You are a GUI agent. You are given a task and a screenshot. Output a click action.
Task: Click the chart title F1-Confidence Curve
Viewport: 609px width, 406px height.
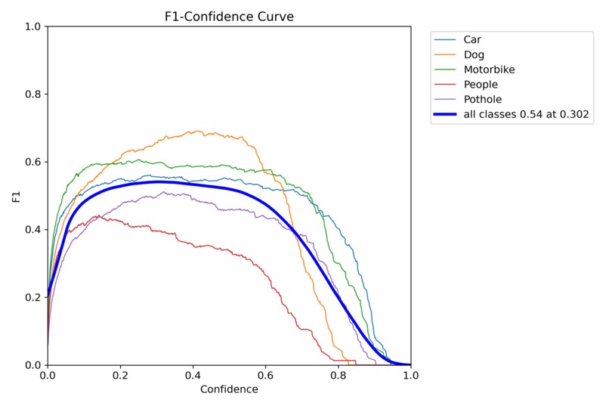(x=229, y=16)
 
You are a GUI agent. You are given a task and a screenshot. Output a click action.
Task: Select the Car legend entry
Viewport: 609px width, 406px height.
(x=471, y=39)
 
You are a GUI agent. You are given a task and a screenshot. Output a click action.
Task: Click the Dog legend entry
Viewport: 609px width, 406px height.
(x=473, y=54)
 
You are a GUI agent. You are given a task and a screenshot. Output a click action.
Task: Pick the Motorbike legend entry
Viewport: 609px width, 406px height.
(x=488, y=70)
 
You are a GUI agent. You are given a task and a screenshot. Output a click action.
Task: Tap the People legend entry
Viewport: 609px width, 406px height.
(x=480, y=85)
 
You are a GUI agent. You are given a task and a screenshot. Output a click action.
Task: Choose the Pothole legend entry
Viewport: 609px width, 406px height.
(x=481, y=100)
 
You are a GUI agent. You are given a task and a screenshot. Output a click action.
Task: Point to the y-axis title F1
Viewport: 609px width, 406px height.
(x=16, y=196)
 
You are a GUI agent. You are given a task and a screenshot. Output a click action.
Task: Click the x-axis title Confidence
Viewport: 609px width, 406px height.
(x=229, y=390)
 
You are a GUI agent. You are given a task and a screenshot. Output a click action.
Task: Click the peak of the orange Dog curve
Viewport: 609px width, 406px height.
(x=196, y=132)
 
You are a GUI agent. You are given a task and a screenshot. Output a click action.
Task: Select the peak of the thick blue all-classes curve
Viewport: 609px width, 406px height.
(x=157, y=181)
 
